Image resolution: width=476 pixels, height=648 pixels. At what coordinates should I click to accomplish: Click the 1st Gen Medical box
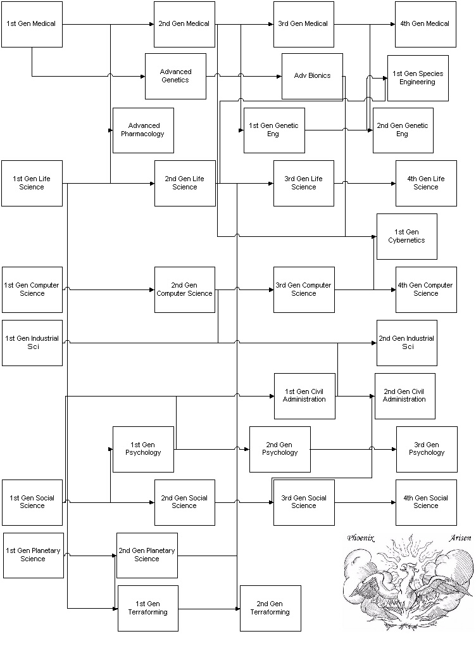click(x=32, y=24)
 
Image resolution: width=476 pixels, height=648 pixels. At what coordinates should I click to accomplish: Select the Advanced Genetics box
click(x=175, y=76)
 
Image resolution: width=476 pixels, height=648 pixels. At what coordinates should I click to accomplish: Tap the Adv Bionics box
click(x=313, y=76)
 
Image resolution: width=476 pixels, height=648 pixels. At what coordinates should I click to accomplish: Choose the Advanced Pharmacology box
click(x=143, y=130)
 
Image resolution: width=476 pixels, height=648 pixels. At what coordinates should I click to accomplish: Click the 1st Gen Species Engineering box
click(x=418, y=78)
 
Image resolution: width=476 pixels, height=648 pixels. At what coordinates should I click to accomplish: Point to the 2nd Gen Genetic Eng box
click(x=403, y=130)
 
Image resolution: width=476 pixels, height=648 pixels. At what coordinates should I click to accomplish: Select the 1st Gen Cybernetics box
click(x=406, y=236)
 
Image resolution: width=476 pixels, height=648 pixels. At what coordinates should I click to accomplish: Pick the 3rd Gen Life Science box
click(x=304, y=183)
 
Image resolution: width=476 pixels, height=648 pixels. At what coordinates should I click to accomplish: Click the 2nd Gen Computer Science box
click(x=185, y=289)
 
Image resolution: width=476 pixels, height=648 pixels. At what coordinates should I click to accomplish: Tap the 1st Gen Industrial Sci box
click(x=32, y=343)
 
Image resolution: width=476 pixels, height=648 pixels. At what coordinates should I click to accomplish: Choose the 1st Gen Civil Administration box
click(x=304, y=396)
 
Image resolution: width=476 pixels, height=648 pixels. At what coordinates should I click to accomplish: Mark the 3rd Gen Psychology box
click(x=427, y=449)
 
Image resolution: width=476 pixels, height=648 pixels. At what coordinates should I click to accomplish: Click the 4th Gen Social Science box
click(x=426, y=502)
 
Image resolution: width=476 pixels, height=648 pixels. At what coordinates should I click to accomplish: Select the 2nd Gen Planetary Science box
click(x=147, y=556)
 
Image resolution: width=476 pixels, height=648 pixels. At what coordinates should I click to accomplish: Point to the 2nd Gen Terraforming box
click(x=270, y=608)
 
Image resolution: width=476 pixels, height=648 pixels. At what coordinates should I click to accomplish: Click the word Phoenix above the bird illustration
click(x=361, y=538)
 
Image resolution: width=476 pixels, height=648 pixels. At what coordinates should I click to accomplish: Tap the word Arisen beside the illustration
click(x=460, y=538)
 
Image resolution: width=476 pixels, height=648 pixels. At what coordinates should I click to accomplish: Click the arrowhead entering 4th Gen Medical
click(x=393, y=24)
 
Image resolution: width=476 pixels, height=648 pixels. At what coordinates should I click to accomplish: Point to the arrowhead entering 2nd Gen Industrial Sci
click(x=375, y=343)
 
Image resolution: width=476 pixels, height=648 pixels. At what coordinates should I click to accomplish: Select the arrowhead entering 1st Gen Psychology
click(x=111, y=449)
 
